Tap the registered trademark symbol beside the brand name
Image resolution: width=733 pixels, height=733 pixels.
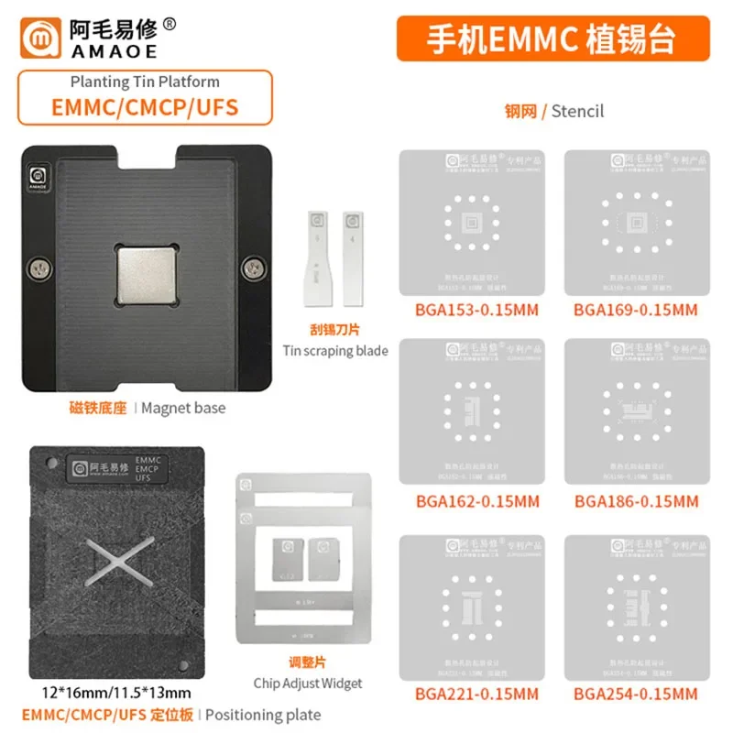(x=170, y=25)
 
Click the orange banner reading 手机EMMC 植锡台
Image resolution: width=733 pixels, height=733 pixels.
(x=552, y=40)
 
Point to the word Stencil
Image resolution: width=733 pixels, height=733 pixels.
(x=578, y=112)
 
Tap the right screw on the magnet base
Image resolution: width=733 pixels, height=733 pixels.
(x=248, y=268)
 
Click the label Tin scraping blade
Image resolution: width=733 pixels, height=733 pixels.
(x=335, y=350)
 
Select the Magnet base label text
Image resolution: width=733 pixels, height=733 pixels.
(x=184, y=408)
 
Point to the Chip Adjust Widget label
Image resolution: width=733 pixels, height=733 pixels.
(x=308, y=683)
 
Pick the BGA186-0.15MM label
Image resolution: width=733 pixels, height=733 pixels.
(x=635, y=502)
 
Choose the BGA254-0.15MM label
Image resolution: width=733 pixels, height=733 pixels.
(x=635, y=694)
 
